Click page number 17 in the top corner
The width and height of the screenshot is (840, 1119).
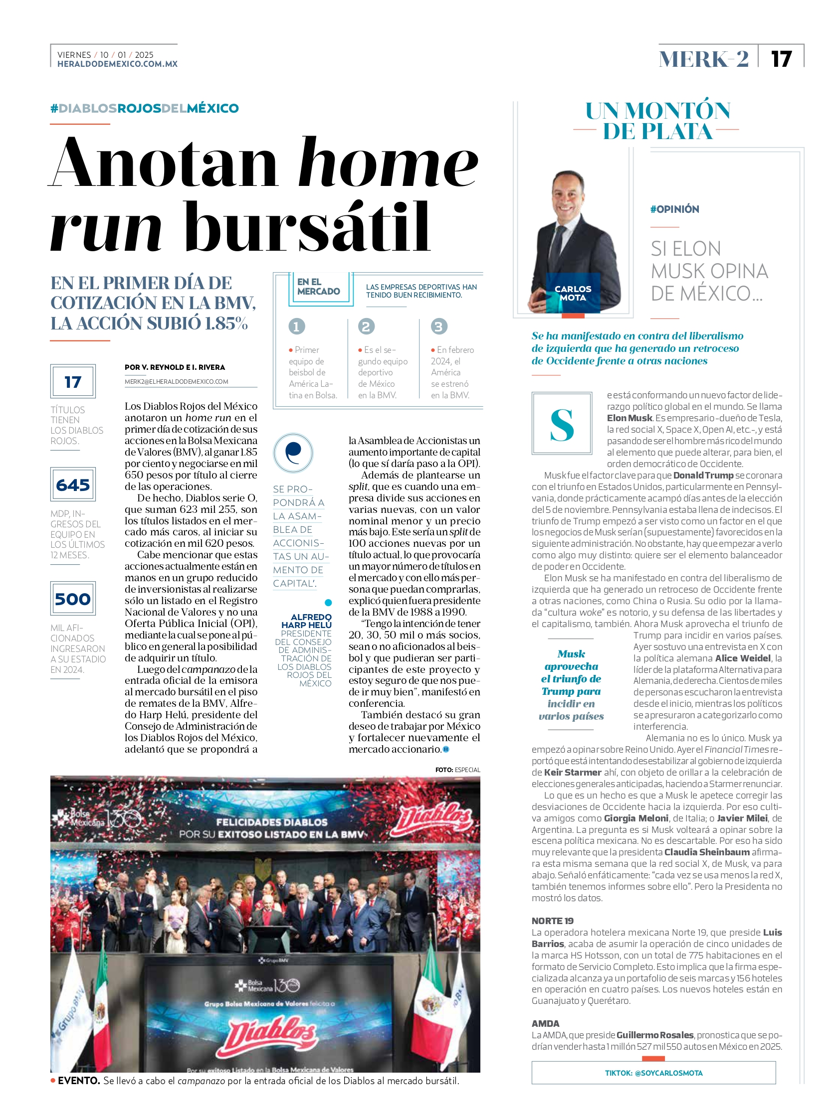(781, 59)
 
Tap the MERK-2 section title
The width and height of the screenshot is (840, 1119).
(703, 59)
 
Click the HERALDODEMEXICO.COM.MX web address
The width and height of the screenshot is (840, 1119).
(117, 64)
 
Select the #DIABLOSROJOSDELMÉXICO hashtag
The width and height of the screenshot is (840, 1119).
(145, 108)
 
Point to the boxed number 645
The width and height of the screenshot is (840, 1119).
(73, 484)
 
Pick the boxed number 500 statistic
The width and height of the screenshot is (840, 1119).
(73, 599)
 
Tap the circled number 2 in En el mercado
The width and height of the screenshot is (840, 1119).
(366, 326)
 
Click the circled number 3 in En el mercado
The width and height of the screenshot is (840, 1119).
(438, 326)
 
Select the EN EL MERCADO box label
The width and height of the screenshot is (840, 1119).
(318, 287)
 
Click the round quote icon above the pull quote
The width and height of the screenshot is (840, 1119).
(293, 452)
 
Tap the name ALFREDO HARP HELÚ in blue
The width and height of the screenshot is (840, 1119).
(306, 621)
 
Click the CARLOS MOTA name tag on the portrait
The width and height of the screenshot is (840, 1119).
(573, 294)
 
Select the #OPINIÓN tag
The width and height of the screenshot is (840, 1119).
(674, 209)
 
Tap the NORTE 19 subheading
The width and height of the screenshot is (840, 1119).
(552, 921)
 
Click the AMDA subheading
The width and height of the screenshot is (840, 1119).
(545, 1023)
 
